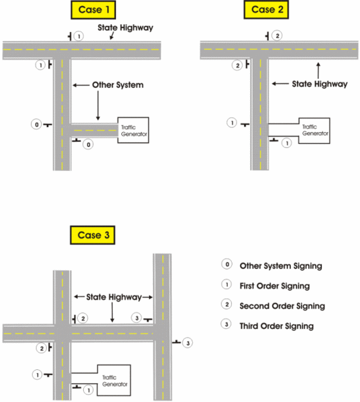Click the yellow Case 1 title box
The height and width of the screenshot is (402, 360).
coord(93,10)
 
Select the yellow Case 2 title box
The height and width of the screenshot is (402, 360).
coord(266,10)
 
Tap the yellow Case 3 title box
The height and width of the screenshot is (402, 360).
coord(93,235)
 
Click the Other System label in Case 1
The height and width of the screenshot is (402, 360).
coord(118,85)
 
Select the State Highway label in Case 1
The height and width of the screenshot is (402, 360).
coord(125,27)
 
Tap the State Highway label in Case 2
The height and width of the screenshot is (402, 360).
coord(320,84)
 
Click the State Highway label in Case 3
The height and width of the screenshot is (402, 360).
coord(114,297)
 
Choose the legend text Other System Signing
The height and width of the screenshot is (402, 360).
coord(281,266)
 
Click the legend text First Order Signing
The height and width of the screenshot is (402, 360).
coord(275,286)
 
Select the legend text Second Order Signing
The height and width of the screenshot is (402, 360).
coord(282,306)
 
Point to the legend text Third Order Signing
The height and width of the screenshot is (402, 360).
coord(277,326)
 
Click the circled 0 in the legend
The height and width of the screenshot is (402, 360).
coord(227,264)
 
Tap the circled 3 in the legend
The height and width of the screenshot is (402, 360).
coord(227,324)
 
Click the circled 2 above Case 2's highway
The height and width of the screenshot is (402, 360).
coord(277,36)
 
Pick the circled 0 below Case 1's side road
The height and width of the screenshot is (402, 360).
coord(88,145)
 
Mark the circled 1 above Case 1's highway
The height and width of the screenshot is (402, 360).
coord(79,36)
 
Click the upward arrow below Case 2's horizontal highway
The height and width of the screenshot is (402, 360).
coord(318,70)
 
